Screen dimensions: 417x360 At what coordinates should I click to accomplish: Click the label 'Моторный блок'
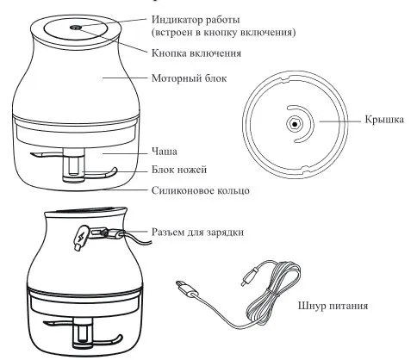point(189,78)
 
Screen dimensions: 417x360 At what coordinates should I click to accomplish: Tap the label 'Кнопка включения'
point(196,53)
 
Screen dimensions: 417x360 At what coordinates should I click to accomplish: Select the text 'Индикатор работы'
point(196,20)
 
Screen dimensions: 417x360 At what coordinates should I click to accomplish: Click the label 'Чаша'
point(165,152)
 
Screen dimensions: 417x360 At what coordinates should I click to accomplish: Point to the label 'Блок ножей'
point(179,170)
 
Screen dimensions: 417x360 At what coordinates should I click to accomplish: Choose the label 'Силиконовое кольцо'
point(201,190)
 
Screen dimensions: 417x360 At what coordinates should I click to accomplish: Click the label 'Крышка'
point(384,119)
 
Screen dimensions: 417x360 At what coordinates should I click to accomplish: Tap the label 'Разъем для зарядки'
point(197,232)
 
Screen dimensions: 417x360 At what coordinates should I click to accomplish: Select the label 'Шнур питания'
point(333,306)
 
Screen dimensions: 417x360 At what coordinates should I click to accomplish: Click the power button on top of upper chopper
point(76,28)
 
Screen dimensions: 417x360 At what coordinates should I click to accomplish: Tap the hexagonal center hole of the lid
point(295,124)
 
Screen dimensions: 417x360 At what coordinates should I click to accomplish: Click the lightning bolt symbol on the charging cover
point(80,237)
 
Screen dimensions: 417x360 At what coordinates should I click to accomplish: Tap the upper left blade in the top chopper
point(46,155)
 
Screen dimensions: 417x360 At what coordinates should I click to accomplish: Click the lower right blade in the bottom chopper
point(105,340)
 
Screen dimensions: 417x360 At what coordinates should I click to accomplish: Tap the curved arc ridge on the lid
point(312,122)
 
